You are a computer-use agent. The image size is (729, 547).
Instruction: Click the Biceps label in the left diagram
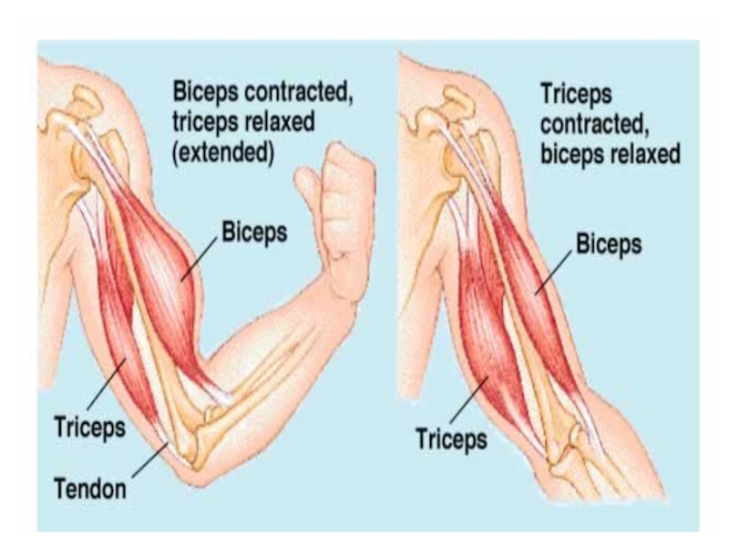coord(254,232)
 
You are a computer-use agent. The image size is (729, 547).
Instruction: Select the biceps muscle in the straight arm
coord(538,292)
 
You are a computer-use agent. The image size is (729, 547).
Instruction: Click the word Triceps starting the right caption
coord(576,93)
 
